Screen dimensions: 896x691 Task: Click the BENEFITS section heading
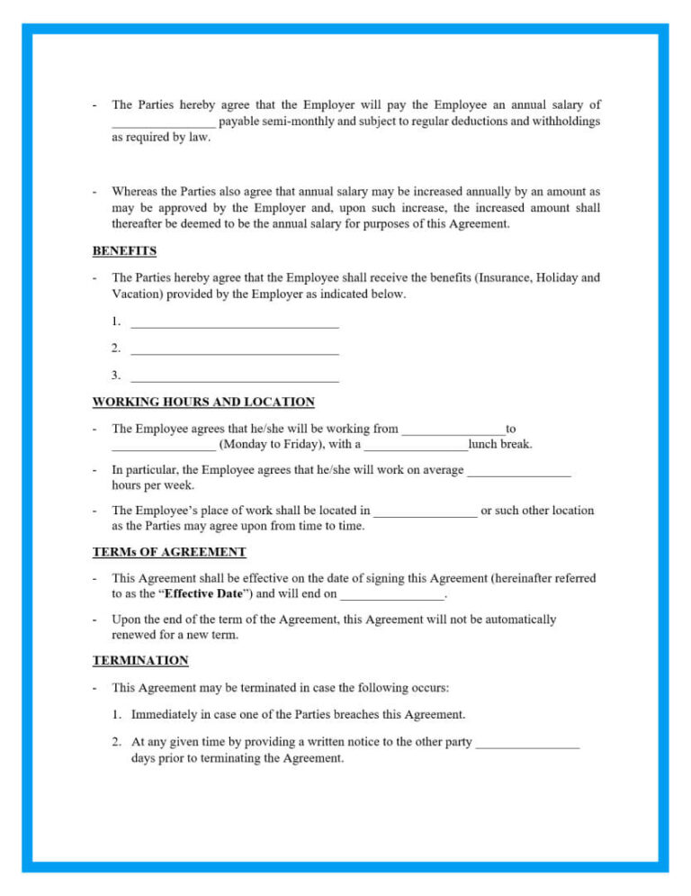124,250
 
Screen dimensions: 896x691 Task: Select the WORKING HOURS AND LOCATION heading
203,402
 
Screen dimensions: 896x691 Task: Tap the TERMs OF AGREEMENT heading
169,551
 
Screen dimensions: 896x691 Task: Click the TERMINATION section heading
140,660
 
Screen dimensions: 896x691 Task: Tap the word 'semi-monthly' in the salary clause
301,121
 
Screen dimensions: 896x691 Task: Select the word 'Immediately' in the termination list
166,714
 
